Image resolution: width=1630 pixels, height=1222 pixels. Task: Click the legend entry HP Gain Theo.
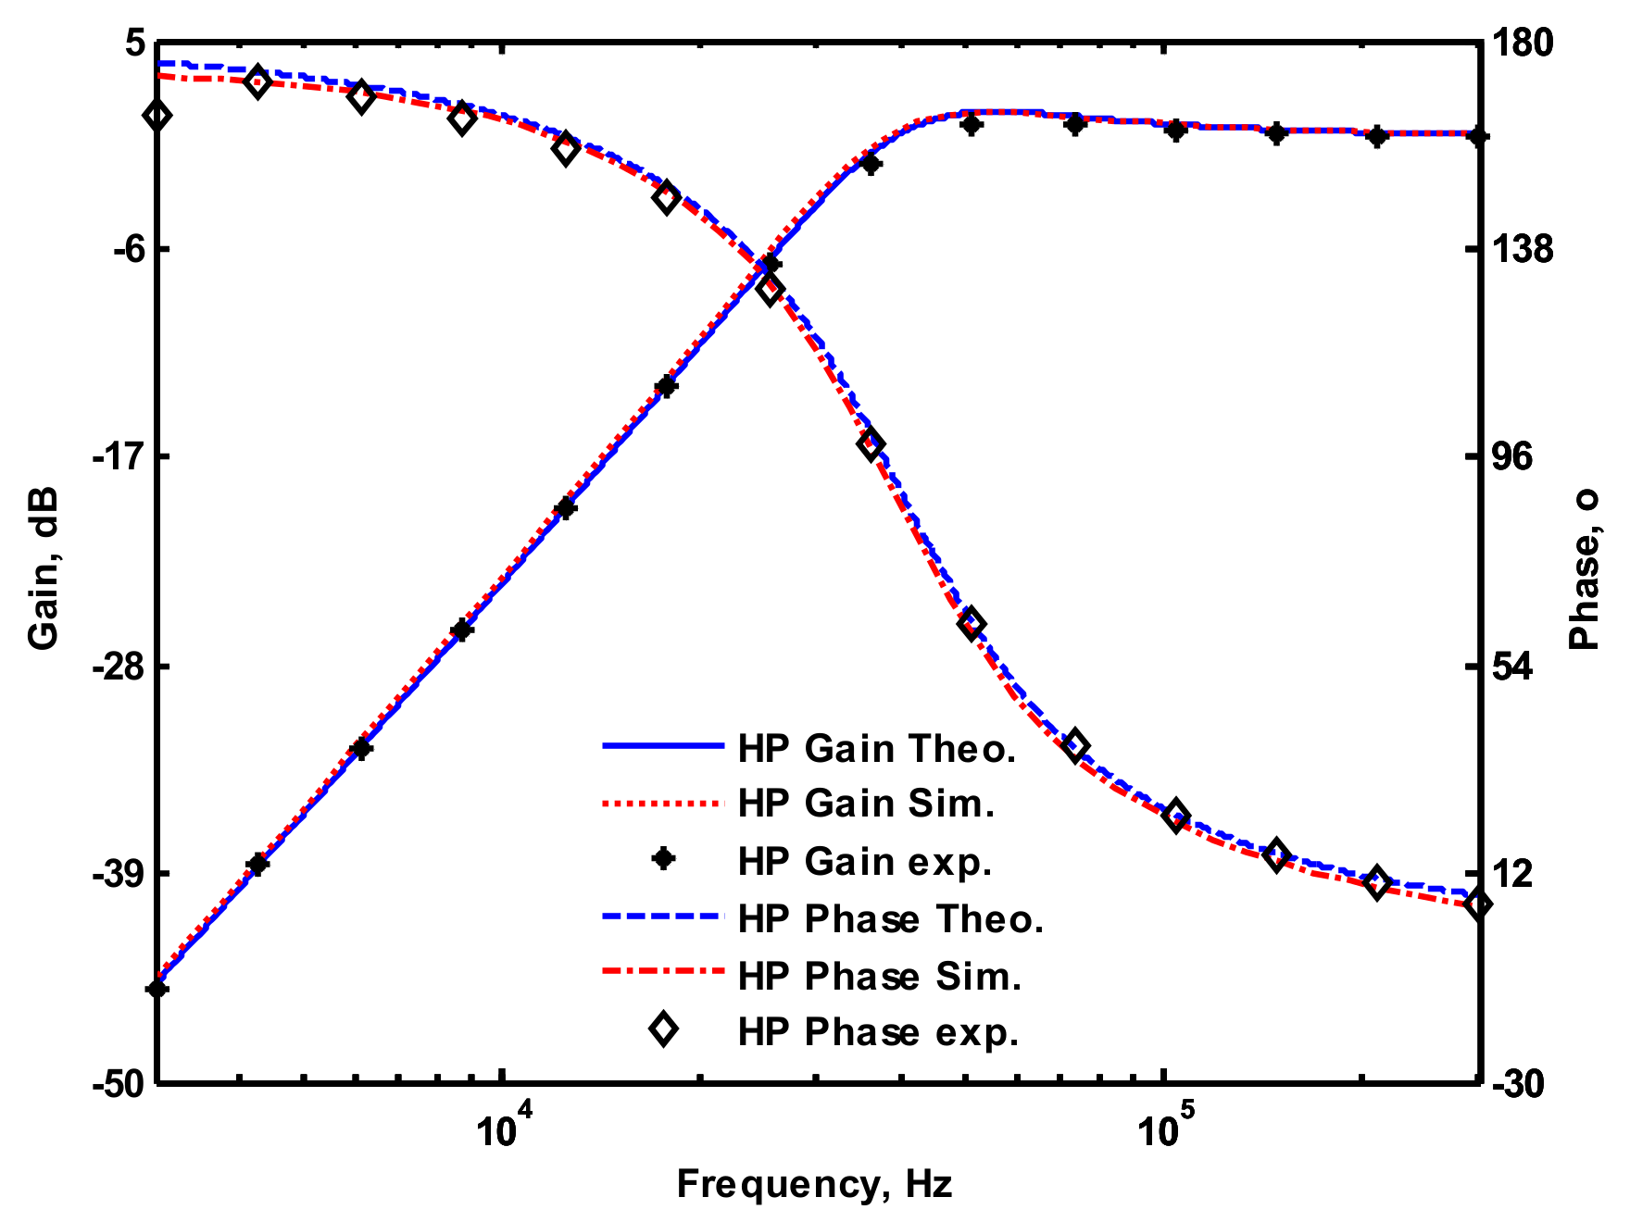point(877,748)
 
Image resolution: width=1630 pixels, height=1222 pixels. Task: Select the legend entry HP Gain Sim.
point(866,804)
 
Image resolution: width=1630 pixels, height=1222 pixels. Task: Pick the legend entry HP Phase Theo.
point(891,918)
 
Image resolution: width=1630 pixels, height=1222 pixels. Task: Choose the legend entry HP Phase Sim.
point(880,976)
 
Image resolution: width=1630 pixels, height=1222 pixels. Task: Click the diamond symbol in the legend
point(663,1029)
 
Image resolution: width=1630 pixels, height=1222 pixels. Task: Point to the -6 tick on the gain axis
point(122,250)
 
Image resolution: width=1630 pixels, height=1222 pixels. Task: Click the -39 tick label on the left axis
point(117,874)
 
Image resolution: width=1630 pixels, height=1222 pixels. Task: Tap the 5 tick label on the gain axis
point(134,44)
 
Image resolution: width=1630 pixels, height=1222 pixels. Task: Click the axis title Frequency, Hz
point(814,1184)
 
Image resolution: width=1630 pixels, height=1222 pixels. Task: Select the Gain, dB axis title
point(44,567)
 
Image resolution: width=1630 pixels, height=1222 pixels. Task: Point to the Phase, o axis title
point(1586,569)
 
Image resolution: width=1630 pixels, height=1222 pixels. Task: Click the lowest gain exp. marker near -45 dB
point(157,989)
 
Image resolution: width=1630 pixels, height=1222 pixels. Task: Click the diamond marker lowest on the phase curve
point(1478,904)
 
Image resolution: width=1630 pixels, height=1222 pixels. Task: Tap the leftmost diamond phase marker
point(157,116)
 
